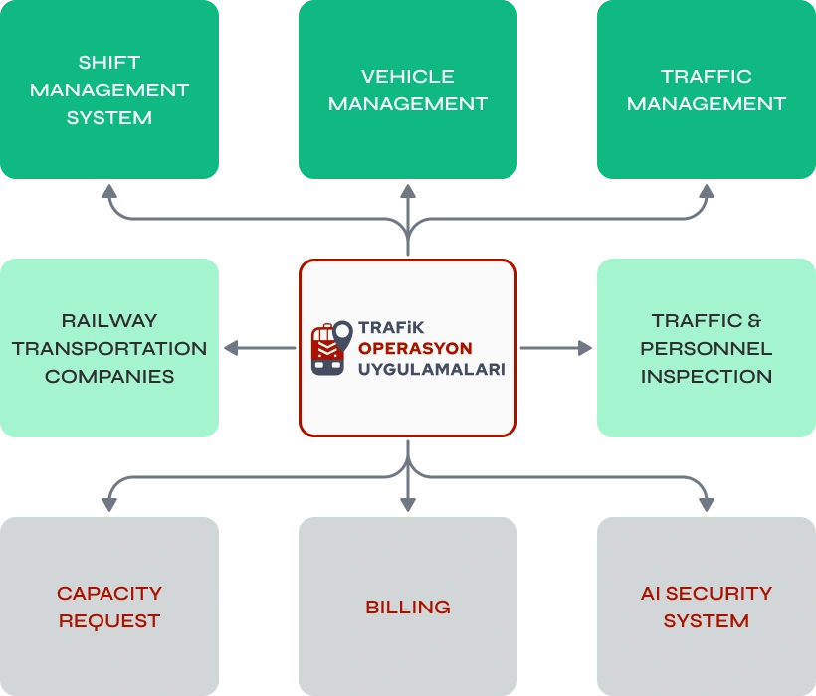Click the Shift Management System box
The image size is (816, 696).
[x=109, y=89]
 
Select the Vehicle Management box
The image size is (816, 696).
[x=408, y=89]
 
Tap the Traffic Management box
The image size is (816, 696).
[x=707, y=89]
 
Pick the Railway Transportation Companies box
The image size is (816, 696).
[x=109, y=348]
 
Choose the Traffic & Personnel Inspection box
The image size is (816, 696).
[x=707, y=348]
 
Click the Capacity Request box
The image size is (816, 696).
[x=109, y=607]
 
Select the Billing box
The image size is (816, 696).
[x=408, y=607]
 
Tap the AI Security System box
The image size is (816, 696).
[x=707, y=607]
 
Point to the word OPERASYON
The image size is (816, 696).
[x=415, y=348]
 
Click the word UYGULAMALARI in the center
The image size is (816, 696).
[x=431, y=369]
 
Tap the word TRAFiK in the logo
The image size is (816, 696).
[x=391, y=327]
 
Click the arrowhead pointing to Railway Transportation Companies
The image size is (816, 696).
[x=231, y=348]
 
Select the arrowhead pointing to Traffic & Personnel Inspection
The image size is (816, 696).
[x=584, y=348]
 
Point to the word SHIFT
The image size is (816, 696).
[x=109, y=62]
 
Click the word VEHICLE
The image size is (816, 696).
[x=408, y=76]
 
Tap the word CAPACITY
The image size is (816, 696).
[x=109, y=593]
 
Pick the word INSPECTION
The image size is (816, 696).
[x=707, y=376]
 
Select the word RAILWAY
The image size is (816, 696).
[x=109, y=320]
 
